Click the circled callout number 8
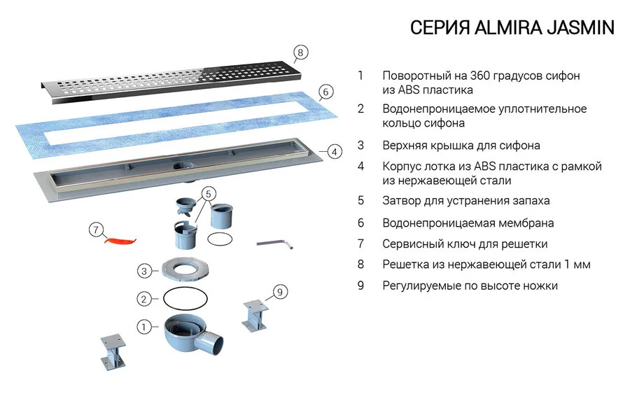(x=300, y=52)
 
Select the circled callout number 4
(x=334, y=150)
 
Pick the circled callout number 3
(x=143, y=271)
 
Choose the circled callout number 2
(x=143, y=299)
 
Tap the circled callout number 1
(x=143, y=326)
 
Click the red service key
(x=119, y=240)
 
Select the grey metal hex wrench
(x=274, y=243)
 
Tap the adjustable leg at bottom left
(x=111, y=352)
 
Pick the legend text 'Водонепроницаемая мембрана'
(x=468, y=223)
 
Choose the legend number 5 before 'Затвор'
(x=360, y=200)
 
